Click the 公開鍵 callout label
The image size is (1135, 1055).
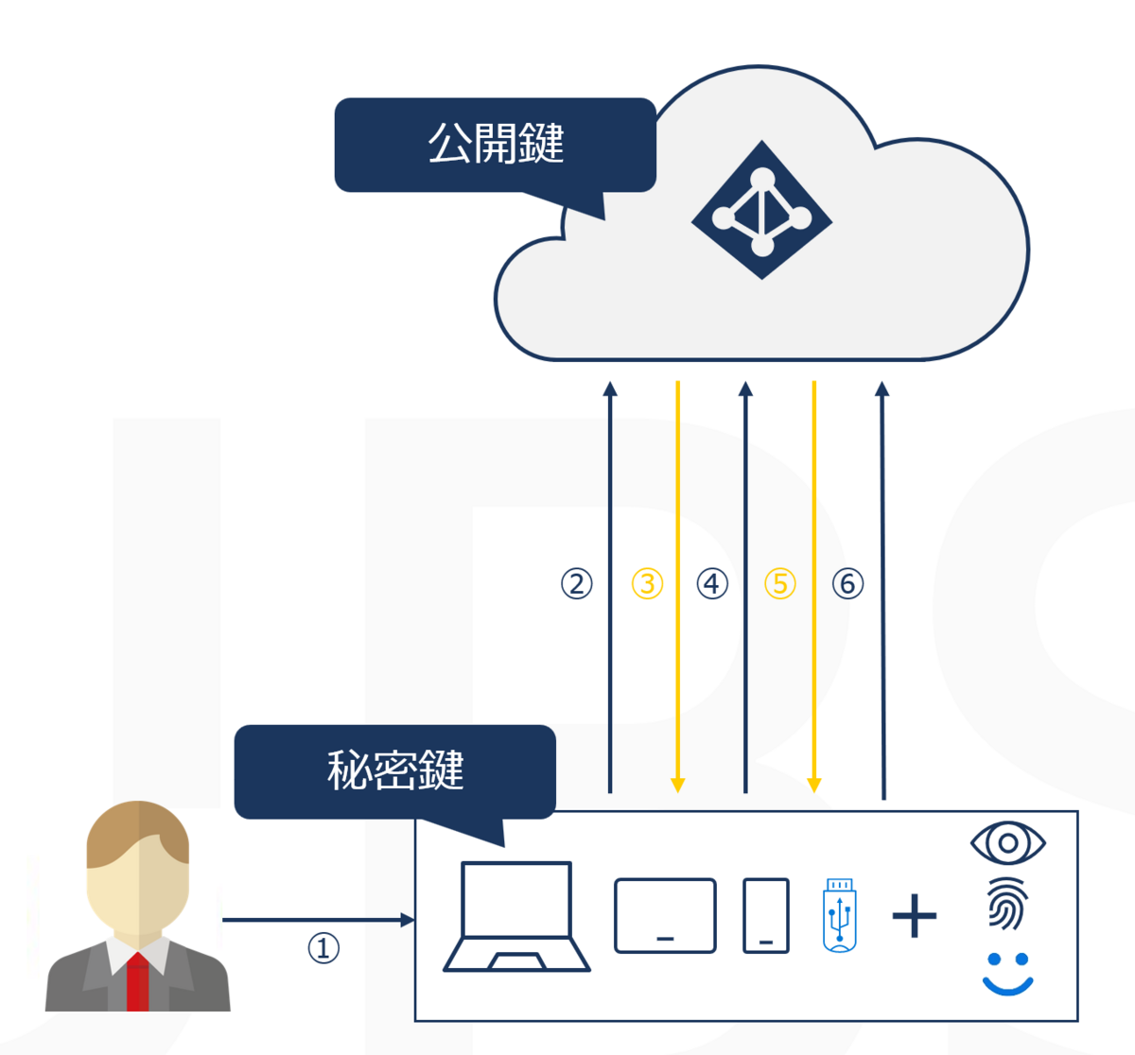pyautogui.click(x=496, y=145)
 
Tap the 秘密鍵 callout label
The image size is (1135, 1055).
pyautogui.click(x=395, y=770)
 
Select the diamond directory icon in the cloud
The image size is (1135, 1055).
pyautogui.click(x=761, y=210)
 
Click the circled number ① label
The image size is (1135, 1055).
pyautogui.click(x=323, y=947)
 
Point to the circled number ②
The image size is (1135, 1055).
pyautogui.click(x=577, y=583)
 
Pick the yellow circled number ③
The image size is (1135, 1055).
pyautogui.click(x=647, y=583)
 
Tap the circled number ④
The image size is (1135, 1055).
pyautogui.click(x=712, y=583)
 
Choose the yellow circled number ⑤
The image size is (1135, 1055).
pyautogui.click(x=780, y=583)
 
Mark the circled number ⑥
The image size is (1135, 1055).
pyautogui.click(x=847, y=583)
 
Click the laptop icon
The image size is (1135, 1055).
pyautogui.click(x=516, y=916)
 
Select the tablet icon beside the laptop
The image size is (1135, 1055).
pyautogui.click(x=665, y=915)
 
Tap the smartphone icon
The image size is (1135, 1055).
pyautogui.click(x=766, y=915)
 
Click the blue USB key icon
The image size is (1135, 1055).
pyautogui.click(x=840, y=914)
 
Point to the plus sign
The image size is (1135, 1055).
pyautogui.click(x=915, y=915)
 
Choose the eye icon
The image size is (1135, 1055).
pyautogui.click(x=1008, y=842)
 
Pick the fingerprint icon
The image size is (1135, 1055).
pyautogui.click(x=1008, y=904)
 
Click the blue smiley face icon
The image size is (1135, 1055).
pyautogui.click(x=1008, y=974)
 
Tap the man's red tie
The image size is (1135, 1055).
pyautogui.click(x=138, y=983)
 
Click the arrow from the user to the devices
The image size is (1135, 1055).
pyautogui.click(x=317, y=920)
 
